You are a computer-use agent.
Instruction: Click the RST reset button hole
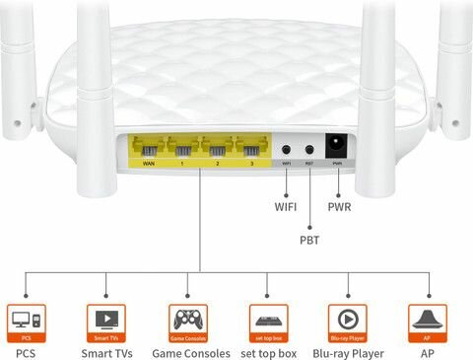click(308, 151)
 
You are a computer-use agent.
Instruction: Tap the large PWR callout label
click(340, 208)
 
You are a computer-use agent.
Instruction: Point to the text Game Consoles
click(190, 352)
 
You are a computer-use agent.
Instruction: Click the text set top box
click(268, 352)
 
